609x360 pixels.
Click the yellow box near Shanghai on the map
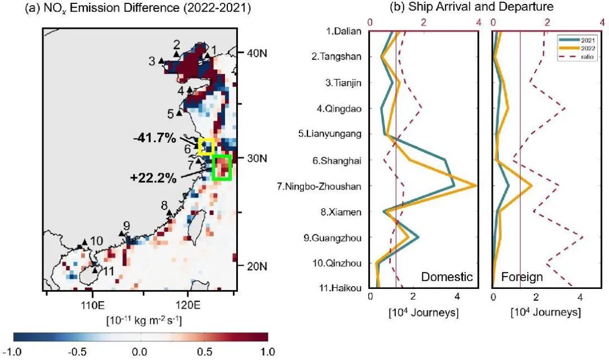(x=205, y=146)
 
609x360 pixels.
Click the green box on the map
(x=222, y=168)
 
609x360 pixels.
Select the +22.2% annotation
(x=153, y=178)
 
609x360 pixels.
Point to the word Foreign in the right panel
(x=522, y=276)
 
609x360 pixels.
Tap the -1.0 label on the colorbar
(x=12, y=352)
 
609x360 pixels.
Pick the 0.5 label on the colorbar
(x=204, y=352)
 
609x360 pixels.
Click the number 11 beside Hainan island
(x=108, y=271)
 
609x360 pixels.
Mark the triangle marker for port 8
(x=169, y=212)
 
